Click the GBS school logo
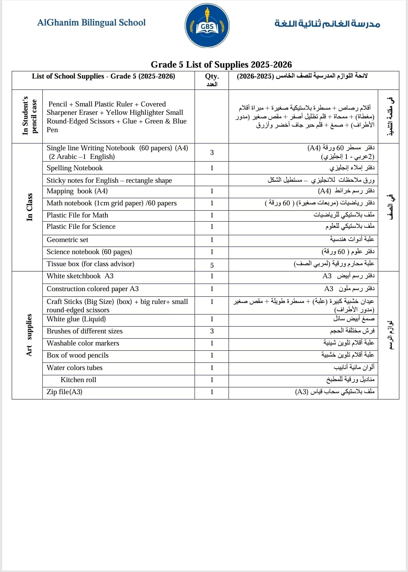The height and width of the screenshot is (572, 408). click(207, 26)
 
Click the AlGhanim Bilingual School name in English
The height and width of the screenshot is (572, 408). click(91, 23)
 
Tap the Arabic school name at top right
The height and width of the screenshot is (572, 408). click(327, 23)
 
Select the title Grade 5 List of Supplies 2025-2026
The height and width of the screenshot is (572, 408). click(221, 65)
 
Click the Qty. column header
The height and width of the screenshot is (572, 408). click(212, 76)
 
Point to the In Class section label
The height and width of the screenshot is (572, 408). click(29, 207)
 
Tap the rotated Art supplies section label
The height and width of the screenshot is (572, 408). click(29, 335)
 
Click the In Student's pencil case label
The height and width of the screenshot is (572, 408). click(29, 116)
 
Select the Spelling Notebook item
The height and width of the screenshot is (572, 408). click(74, 168)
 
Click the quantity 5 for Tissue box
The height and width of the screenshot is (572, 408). click(212, 265)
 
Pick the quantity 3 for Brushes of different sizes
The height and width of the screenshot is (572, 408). click(212, 331)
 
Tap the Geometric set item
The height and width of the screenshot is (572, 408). click(67, 240)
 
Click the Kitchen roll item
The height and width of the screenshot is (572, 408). click(78, 380)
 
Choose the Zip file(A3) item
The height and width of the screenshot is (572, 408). click(64, 392)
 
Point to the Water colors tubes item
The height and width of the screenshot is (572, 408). click(74, 368)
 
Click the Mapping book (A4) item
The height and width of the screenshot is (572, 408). click(77, 191)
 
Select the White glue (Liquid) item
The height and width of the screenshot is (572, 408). click(76, 319)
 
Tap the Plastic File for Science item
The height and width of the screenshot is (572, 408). click(81, 227)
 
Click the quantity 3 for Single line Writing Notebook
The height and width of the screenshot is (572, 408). click(212, 153)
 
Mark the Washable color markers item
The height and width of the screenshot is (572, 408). click(83, 343)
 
